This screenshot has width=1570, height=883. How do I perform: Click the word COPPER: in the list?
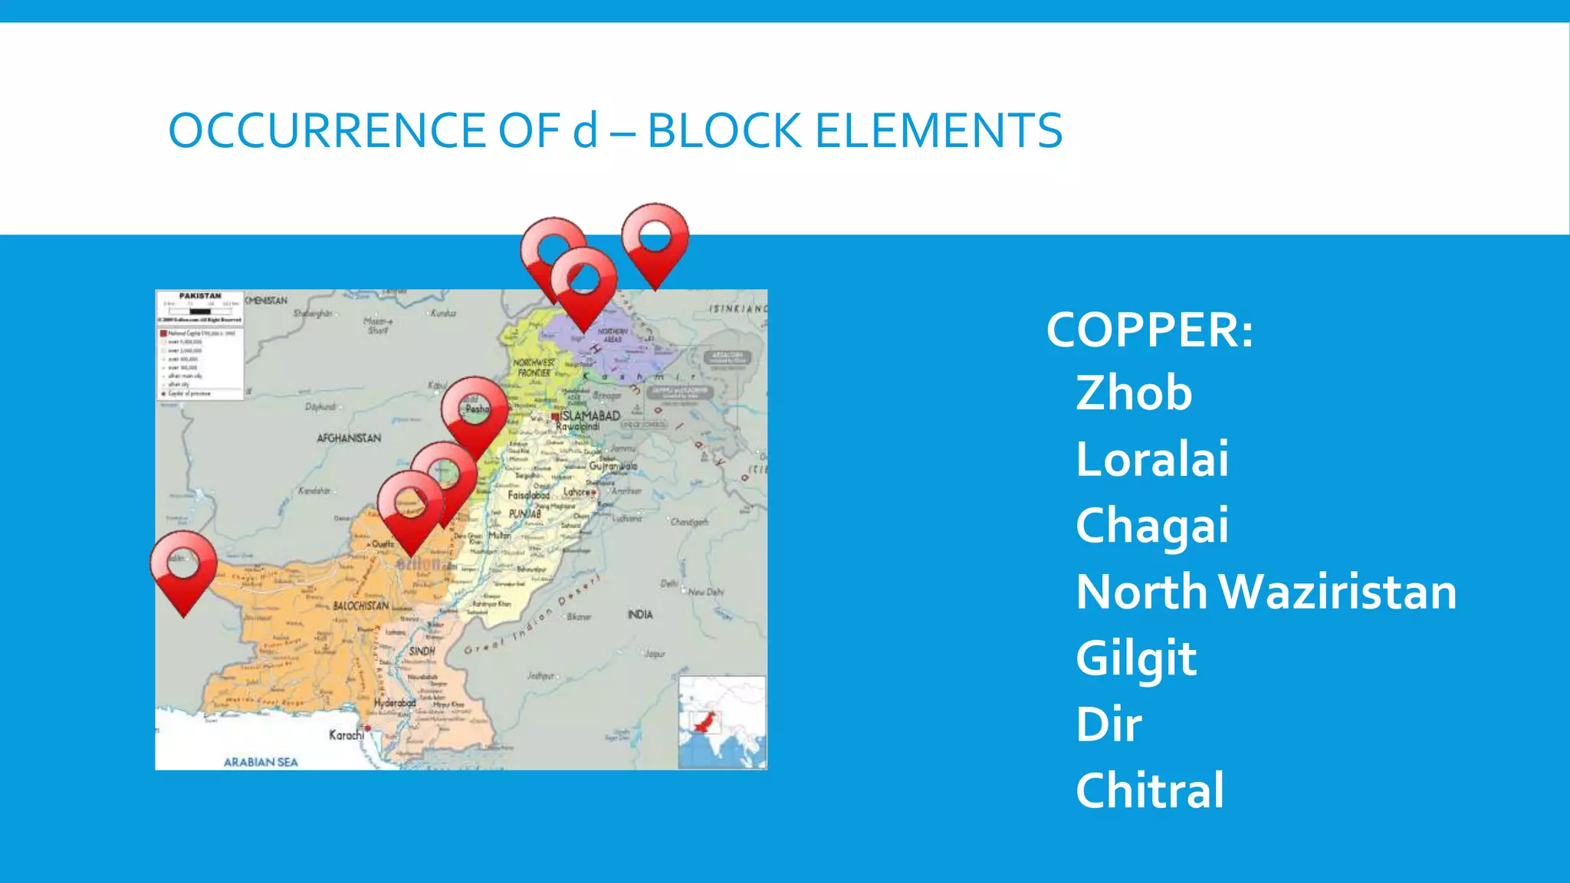[1149, 330]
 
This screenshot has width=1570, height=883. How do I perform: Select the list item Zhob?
[1134, 393]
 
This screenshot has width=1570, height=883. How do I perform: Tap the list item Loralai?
[1151, 459]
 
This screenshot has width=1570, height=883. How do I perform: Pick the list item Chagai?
[1151, 527]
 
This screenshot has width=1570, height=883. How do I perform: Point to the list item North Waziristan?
[1266, 592]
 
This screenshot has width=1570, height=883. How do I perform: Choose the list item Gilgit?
[1135, 658]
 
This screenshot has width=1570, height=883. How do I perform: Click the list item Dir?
[1109, 724]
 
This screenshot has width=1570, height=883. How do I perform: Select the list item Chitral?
[1149, 790]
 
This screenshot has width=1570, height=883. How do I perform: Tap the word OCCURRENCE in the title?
[327, 130]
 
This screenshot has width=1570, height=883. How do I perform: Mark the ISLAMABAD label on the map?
[590, 415]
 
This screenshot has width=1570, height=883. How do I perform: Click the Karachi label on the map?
[347, 735]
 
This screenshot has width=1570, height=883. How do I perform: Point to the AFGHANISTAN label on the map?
[349, 438]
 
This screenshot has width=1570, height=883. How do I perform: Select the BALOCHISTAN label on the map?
[360, 606]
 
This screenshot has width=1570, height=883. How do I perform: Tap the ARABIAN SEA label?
[261, 762]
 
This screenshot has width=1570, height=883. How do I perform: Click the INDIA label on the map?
[640, 614]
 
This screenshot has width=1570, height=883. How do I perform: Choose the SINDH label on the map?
[422, 651]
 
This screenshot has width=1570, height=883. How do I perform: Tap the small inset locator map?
[721, 722]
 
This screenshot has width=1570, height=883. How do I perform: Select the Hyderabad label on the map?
[395, 702]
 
